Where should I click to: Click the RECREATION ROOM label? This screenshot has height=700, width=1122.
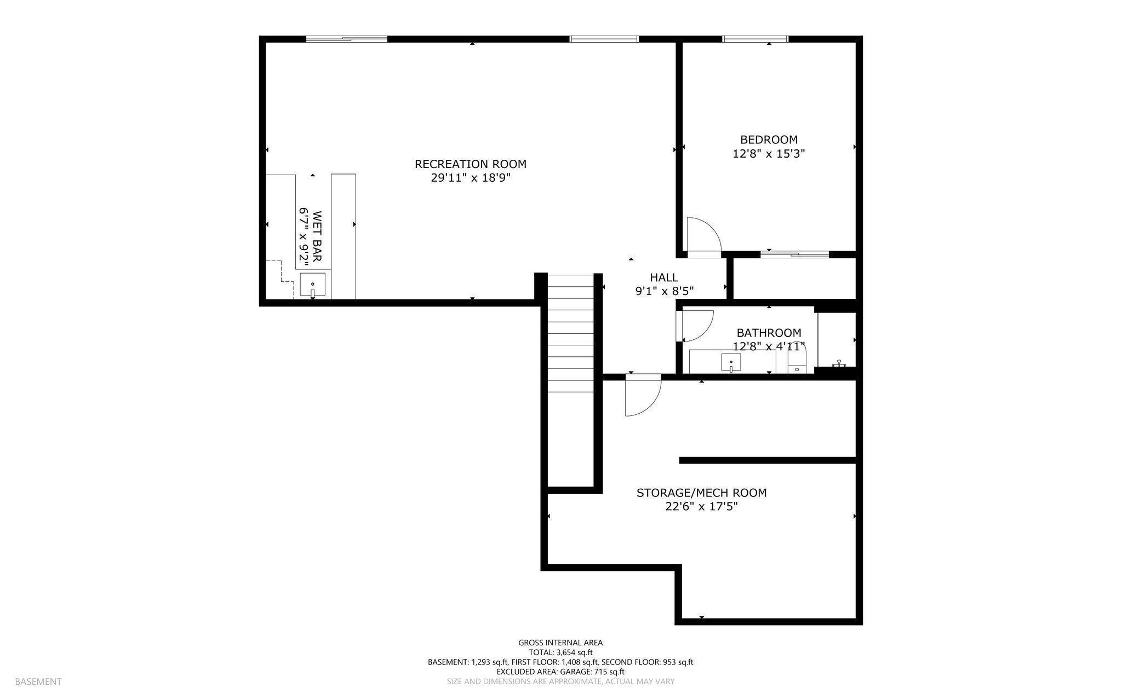(470, 164)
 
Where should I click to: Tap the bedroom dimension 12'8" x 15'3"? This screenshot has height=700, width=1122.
(769, 154)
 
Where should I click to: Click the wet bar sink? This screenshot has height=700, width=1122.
(312, 285)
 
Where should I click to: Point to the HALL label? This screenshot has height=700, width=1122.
(664, 277)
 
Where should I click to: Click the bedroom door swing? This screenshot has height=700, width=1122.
(702, 235)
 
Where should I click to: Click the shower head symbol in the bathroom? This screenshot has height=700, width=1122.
(839, 363)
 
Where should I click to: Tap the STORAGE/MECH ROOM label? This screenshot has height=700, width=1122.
(701, 493)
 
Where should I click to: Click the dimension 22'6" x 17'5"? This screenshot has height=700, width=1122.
(701, 507)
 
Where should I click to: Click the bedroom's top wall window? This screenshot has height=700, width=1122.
(755, 39)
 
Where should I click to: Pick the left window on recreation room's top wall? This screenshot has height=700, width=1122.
(346, 39)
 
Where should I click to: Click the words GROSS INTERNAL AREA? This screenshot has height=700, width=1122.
(560, 643)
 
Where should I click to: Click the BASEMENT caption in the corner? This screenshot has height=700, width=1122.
(38, 681)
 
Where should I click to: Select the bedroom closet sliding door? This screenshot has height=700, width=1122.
(794, 254)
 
